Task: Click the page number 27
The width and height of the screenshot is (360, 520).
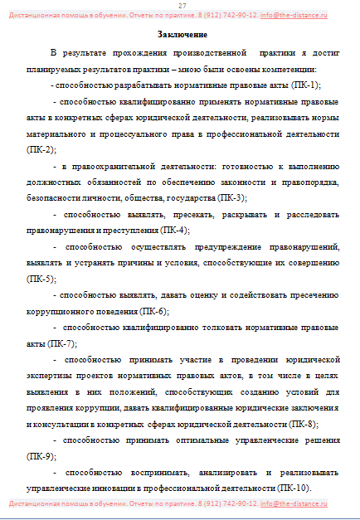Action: tap(181, 6)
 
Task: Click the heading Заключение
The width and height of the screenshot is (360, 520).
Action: tap(181, 34)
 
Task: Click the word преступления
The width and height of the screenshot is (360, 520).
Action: tap(129, 231)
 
